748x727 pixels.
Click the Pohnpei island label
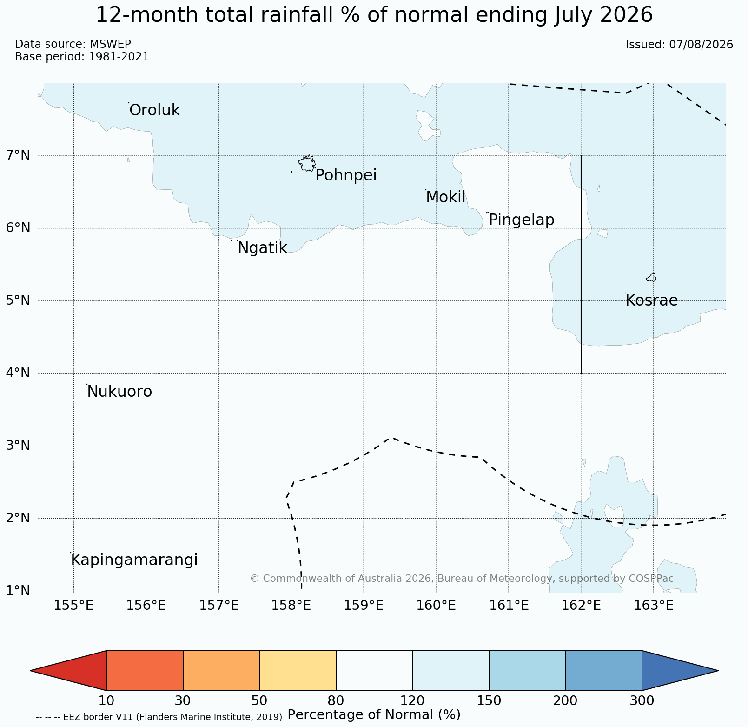(346, 176)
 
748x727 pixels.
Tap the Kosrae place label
(651, 300)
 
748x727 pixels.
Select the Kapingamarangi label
(134, 560)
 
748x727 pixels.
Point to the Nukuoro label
(119, 392)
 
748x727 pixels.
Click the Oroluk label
(154, 110)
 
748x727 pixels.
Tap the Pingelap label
(522, 220)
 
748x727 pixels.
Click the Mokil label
(445, 197)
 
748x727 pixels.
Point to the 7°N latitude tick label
(18, 155)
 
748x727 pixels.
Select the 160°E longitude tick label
(436, 606)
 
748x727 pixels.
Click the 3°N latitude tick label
(18, 446)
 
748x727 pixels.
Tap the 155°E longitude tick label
(73, 606)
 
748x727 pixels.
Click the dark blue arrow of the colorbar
(680, 671)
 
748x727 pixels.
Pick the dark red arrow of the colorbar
(68, 671)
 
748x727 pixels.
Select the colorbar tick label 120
(412, 700)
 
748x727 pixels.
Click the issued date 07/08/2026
(701, 45)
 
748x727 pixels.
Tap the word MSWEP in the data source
(110, 44)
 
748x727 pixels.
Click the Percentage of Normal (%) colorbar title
(374, 714)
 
